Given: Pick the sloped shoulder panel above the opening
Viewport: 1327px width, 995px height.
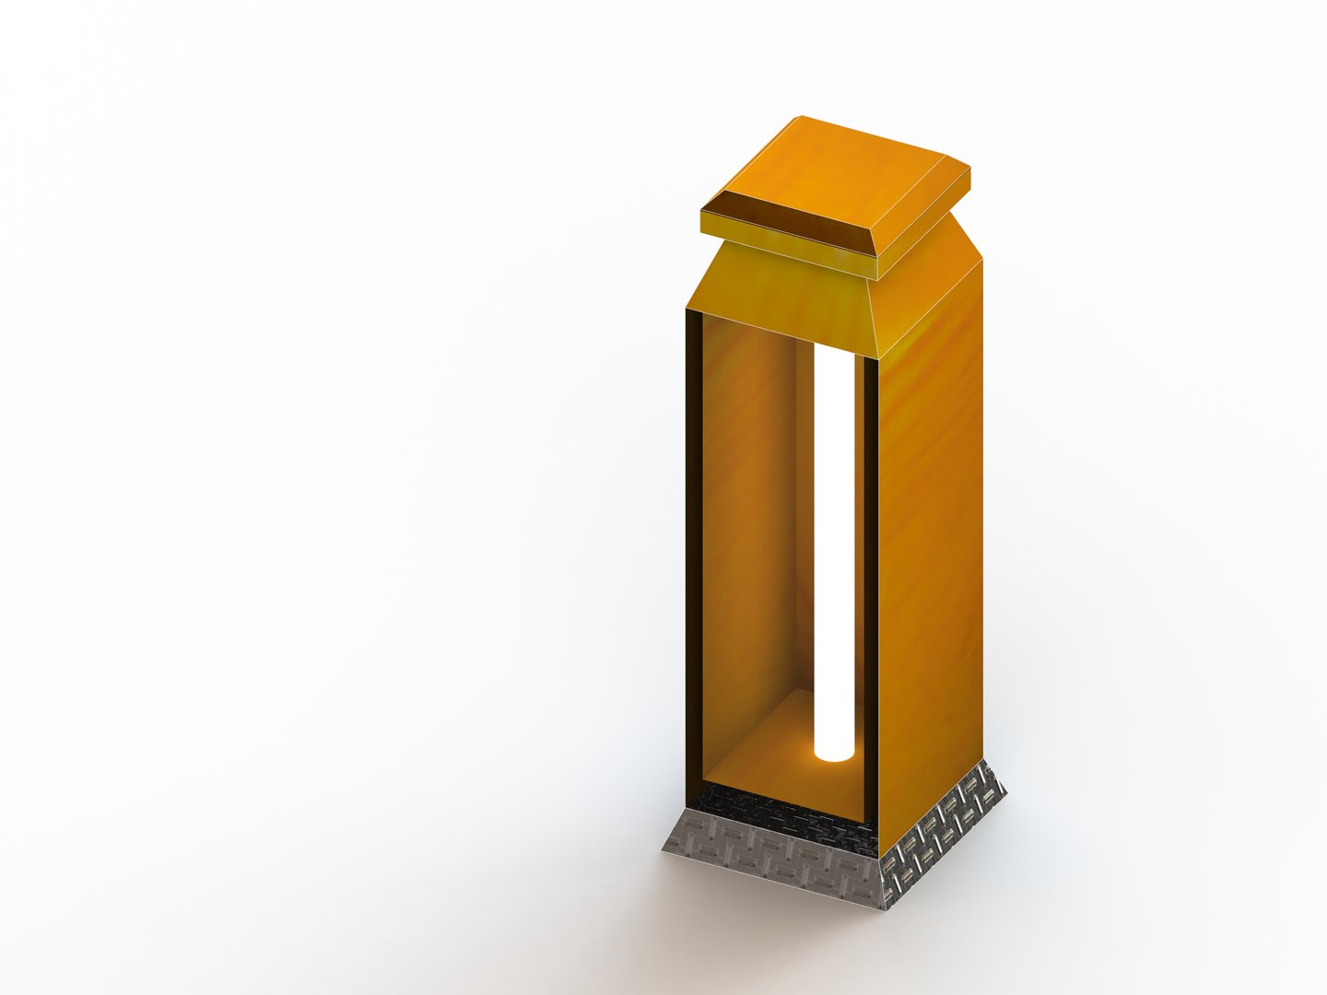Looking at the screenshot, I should (783, 295).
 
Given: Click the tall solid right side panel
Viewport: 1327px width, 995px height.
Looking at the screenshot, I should (929, 553).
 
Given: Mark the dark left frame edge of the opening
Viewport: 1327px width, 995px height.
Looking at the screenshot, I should (692, 553).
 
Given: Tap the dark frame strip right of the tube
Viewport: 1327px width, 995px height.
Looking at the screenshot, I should (867, 553).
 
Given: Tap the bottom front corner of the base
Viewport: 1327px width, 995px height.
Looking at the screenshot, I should (880, 908).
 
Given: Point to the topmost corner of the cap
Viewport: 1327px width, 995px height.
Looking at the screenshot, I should (799, 116).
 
